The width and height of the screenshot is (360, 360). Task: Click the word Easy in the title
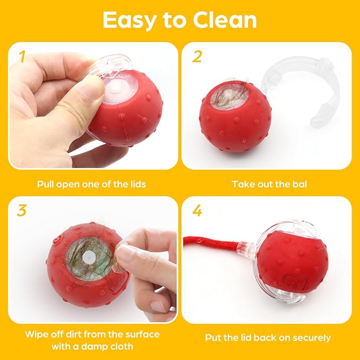pyautogui.click(x=127, y=20)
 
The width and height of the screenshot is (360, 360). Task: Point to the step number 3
pyautogui.click(x=21, y=210)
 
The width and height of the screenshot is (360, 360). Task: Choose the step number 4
pyautogui.click(x=197, y=210)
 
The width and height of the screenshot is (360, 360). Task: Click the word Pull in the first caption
pyautogui.click(x=46, y=185)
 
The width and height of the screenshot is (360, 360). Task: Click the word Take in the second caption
pyautogui.click(x=242, y=185)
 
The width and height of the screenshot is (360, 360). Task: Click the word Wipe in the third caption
pyautogui.click(x=36, y=335)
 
